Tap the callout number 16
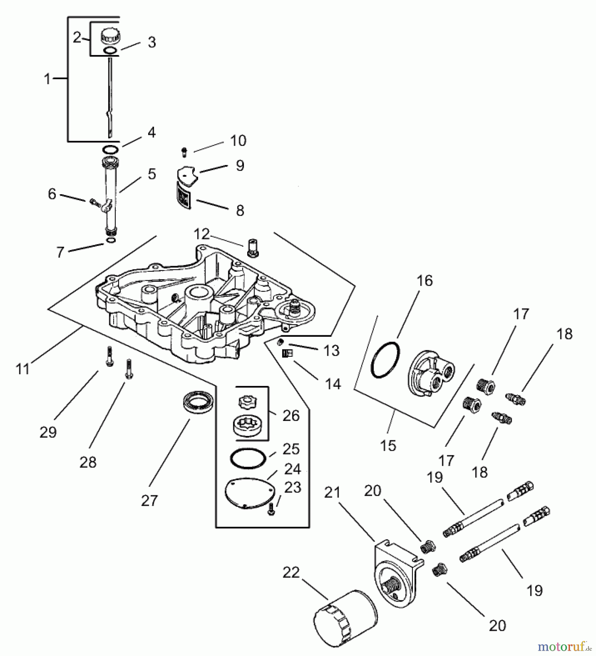point(425,281)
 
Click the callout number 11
point(23,369)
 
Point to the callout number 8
point(240,211)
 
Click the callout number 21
point(332,493)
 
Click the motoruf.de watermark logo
point(563,647)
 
